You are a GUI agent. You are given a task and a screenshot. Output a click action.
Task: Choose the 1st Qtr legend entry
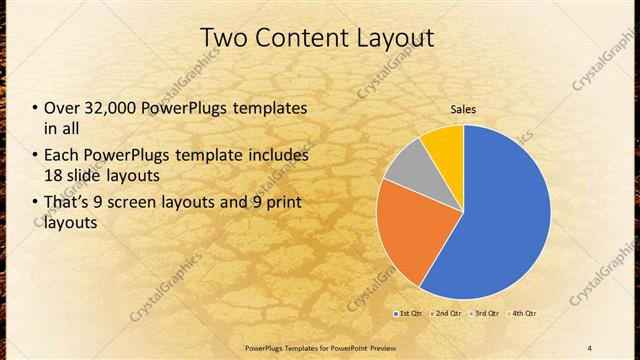408,314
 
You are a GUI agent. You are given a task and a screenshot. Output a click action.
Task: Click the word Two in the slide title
226,38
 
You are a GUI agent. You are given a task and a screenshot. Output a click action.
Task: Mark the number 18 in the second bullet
54,174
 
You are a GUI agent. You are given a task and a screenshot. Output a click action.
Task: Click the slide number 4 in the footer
590,347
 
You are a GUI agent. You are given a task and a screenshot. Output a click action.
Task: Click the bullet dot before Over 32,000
36,108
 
